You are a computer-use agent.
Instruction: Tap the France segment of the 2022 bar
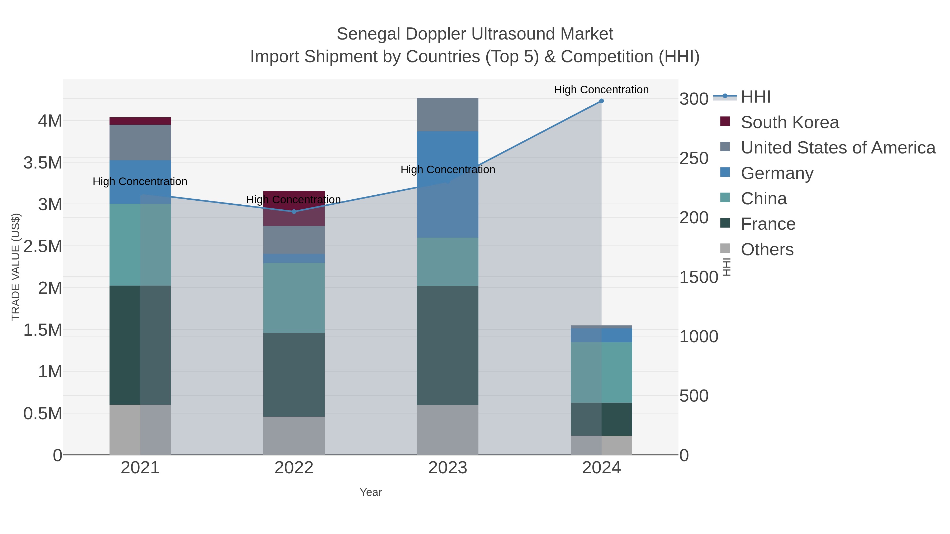point(294,374)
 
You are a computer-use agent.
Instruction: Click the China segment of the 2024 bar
point(601,372)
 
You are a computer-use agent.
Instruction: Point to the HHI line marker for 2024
point(601,101)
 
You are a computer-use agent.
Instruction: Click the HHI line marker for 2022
point(294,211)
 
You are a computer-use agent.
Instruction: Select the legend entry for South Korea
point(790,122)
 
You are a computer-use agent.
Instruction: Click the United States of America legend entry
point(838,148)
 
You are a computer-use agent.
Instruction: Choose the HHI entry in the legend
point(756,97)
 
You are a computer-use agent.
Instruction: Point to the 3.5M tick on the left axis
point(43,162)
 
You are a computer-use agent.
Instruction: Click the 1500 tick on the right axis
point(699,277)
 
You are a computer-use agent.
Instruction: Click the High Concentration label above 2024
point(601,90)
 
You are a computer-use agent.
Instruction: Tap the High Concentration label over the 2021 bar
point(140,181)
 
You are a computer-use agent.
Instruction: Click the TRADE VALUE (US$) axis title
point(16,267)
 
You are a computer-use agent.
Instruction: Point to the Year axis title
point(371,492)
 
